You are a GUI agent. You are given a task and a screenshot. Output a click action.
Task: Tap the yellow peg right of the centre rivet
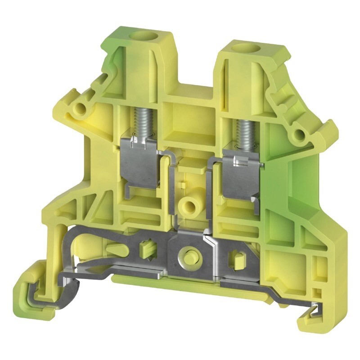click(x=236, y=260)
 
